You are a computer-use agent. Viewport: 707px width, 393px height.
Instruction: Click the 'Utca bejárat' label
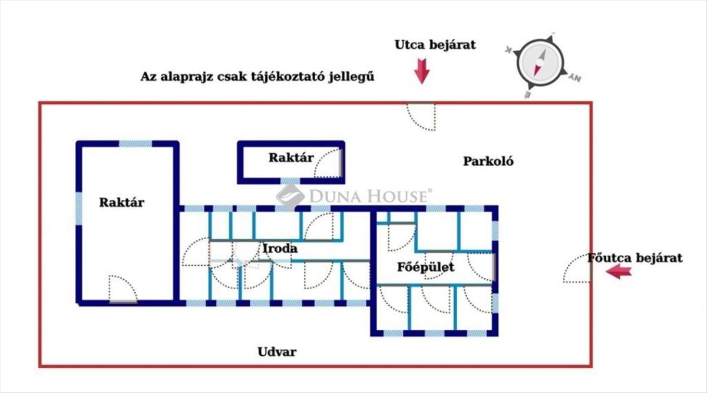point(435,45)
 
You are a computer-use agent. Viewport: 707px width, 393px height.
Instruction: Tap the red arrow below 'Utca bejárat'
point(422,70)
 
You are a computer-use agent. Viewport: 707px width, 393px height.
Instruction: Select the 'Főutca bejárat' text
point(635,257)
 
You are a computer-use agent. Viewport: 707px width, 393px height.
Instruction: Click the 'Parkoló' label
point(488,161)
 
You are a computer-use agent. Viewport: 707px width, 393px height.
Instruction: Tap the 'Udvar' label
point(277,352)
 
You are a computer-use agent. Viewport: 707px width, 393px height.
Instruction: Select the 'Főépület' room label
point(425,267)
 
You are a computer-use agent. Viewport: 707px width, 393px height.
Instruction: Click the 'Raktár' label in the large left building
point(121,202)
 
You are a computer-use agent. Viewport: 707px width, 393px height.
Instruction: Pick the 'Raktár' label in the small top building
point(291,157)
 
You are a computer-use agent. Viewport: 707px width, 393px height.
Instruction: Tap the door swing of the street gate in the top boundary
point(421,116)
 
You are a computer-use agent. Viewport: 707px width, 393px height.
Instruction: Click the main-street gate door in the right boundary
point(577,270)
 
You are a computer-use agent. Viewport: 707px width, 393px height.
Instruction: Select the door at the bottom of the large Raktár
point(123,289)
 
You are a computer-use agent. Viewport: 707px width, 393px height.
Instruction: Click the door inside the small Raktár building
point(327,164)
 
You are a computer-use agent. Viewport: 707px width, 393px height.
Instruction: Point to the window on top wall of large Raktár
point(135,143)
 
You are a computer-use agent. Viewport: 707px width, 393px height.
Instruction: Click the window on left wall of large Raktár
point(78,208)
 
